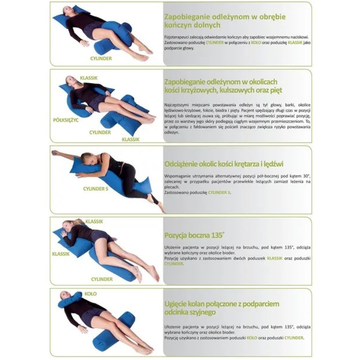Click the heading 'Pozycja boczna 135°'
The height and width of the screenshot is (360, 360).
click(194, 235)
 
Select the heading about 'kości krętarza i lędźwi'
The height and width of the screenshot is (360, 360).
click(224, 164)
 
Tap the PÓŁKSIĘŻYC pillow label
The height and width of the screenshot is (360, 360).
click(66, 120)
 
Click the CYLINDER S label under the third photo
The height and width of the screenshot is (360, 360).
click(95, 189)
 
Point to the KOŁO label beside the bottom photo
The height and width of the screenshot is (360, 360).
click(91, 294)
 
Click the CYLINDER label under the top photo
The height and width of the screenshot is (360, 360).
click(101, 59)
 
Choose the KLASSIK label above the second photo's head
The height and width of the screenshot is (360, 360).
click(89, 78)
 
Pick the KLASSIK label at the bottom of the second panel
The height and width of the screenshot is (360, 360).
click(131, 139)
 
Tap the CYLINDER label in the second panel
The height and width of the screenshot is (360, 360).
click(100, 132)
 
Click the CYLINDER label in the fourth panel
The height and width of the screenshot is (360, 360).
click(102, 279)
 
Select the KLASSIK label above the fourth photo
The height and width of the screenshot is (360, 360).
click(94, 221)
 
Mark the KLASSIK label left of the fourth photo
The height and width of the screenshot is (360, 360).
click(61, 254)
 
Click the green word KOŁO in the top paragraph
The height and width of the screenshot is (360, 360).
click(256, 42)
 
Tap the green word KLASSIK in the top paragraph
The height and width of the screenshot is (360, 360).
click(295, 42)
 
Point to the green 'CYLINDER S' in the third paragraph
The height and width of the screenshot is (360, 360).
click(219, 193)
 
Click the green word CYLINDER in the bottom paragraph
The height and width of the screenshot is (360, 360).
click(294, 338)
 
